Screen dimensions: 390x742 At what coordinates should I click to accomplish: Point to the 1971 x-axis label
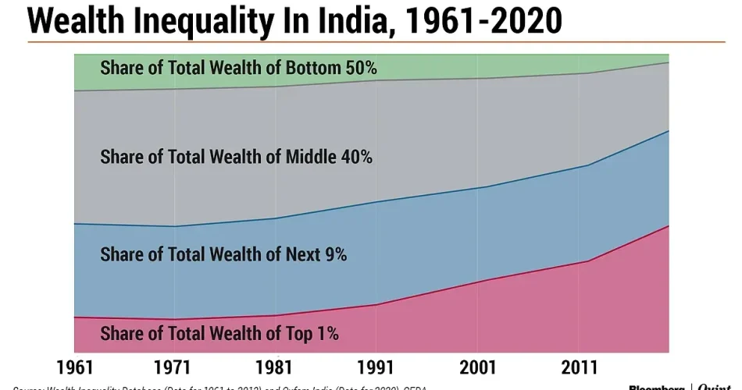click(x=174, y=367)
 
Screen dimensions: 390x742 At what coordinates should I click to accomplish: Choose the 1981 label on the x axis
click(x=275, y=367)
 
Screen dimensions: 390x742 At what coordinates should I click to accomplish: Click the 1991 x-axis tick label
click(x=376, y=367)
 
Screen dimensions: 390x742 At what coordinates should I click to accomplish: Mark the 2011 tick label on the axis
click(x=577, y=367)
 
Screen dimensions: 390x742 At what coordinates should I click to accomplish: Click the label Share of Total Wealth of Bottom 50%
click(x=238, y=68)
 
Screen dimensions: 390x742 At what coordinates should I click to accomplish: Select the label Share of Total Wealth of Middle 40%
click(x=236, y=157)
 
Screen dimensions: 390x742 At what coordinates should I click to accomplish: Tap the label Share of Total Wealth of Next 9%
click(x=223, y=254)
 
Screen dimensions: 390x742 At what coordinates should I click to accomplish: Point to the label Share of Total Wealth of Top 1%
click(x=219, y=334)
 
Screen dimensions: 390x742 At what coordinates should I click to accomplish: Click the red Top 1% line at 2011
click(x=577, y=261)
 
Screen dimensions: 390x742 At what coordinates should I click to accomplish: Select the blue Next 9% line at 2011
click(x=577, y=165)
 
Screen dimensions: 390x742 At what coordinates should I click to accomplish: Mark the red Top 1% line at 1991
click(x=376, y=304)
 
